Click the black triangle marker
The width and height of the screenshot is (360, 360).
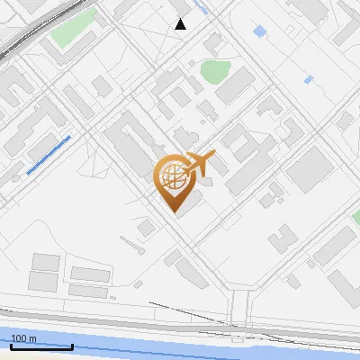(x=181, y=24)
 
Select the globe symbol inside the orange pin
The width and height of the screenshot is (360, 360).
(x=173, y=177)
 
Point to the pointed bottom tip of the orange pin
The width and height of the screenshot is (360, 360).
(x=173, y=212)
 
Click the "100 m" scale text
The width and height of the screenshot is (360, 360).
(x=23, y=338)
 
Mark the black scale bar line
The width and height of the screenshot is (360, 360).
(x=41, y=345)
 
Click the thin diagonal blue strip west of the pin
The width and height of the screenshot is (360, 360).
(x=49, y=155)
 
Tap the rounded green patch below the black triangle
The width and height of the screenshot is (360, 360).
(x=215, y=70)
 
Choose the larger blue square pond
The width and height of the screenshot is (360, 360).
(x=260, y=31)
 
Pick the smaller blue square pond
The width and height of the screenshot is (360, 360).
(x=308, y=80)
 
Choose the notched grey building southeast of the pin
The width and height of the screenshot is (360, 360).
(x=281, y=238)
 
